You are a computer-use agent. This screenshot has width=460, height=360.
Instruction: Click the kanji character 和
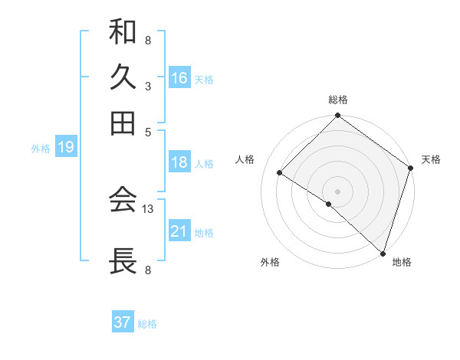coord(123,33)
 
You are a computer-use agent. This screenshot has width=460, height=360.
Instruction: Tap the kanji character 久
coord(123,77)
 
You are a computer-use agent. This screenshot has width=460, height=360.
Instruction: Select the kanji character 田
coord(123,122)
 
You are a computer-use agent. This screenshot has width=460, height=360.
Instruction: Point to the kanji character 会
coord(123,201)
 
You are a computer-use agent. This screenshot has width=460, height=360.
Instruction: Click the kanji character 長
coord(123,260)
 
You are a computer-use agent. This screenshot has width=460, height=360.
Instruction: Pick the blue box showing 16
coord(179,78)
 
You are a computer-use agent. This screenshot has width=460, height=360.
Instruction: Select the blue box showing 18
coord(179,162)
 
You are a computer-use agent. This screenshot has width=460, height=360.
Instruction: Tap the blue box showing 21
coord(179,231)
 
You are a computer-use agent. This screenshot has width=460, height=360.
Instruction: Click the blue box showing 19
coord(66,148)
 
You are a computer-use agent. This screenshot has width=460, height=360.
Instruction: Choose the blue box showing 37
coord(123,322)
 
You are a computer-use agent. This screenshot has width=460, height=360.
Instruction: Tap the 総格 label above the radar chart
coord(337,100)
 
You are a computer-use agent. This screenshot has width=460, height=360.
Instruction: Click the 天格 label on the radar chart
coord(431,159)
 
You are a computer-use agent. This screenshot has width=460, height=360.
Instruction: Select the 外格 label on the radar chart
coord(270,262)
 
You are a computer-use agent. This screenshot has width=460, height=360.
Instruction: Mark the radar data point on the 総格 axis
coord(337,117)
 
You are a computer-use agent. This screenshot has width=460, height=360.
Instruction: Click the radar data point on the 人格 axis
coord(280,173)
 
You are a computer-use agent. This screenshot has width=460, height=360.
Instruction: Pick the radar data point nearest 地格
coord(382,252)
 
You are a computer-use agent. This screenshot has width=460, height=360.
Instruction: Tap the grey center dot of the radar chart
coord(337,191)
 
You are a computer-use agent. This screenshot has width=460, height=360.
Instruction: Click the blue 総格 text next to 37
coord(148,324)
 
